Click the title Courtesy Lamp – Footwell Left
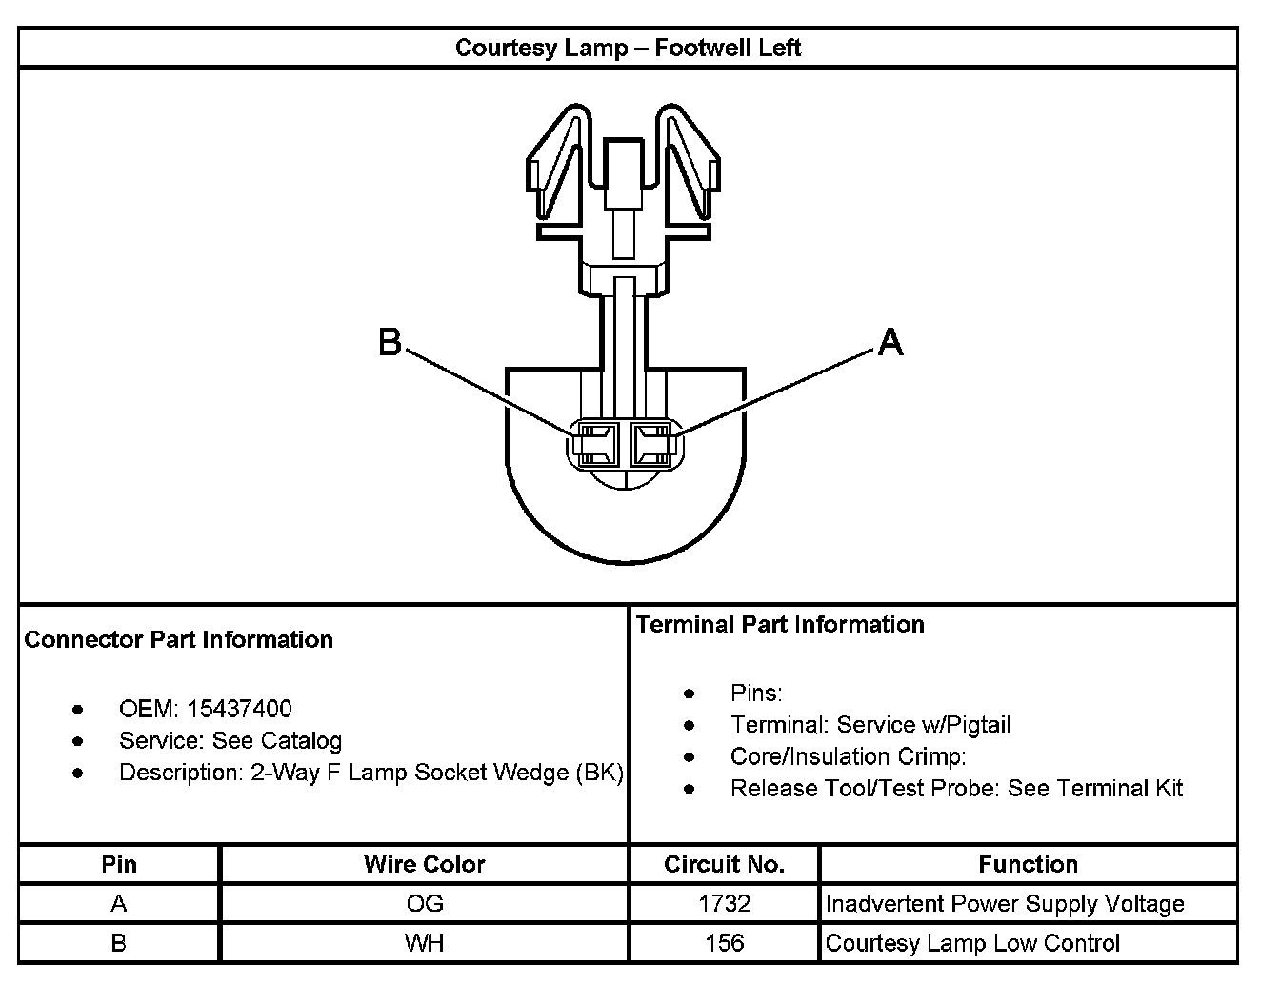click(628, 49)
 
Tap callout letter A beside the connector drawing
click(890, 341)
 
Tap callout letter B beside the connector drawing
click(390, 341)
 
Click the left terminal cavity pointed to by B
click(595, 445)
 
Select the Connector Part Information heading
click(179, 639)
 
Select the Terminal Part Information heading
click(780, 624)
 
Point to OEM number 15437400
click(240, 709)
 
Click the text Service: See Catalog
click(230, 741)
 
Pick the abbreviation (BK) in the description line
click(599, 773)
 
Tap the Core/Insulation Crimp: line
click(848, 757)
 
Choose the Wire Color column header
click(424, 864)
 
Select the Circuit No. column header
click(724, 864)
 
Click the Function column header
click(1029, 864)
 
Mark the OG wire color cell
click(424, 903)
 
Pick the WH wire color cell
click(424, 943)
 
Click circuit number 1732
click(724, 903)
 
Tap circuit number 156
click(724, 943)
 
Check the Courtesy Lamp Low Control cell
click(972, 943)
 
